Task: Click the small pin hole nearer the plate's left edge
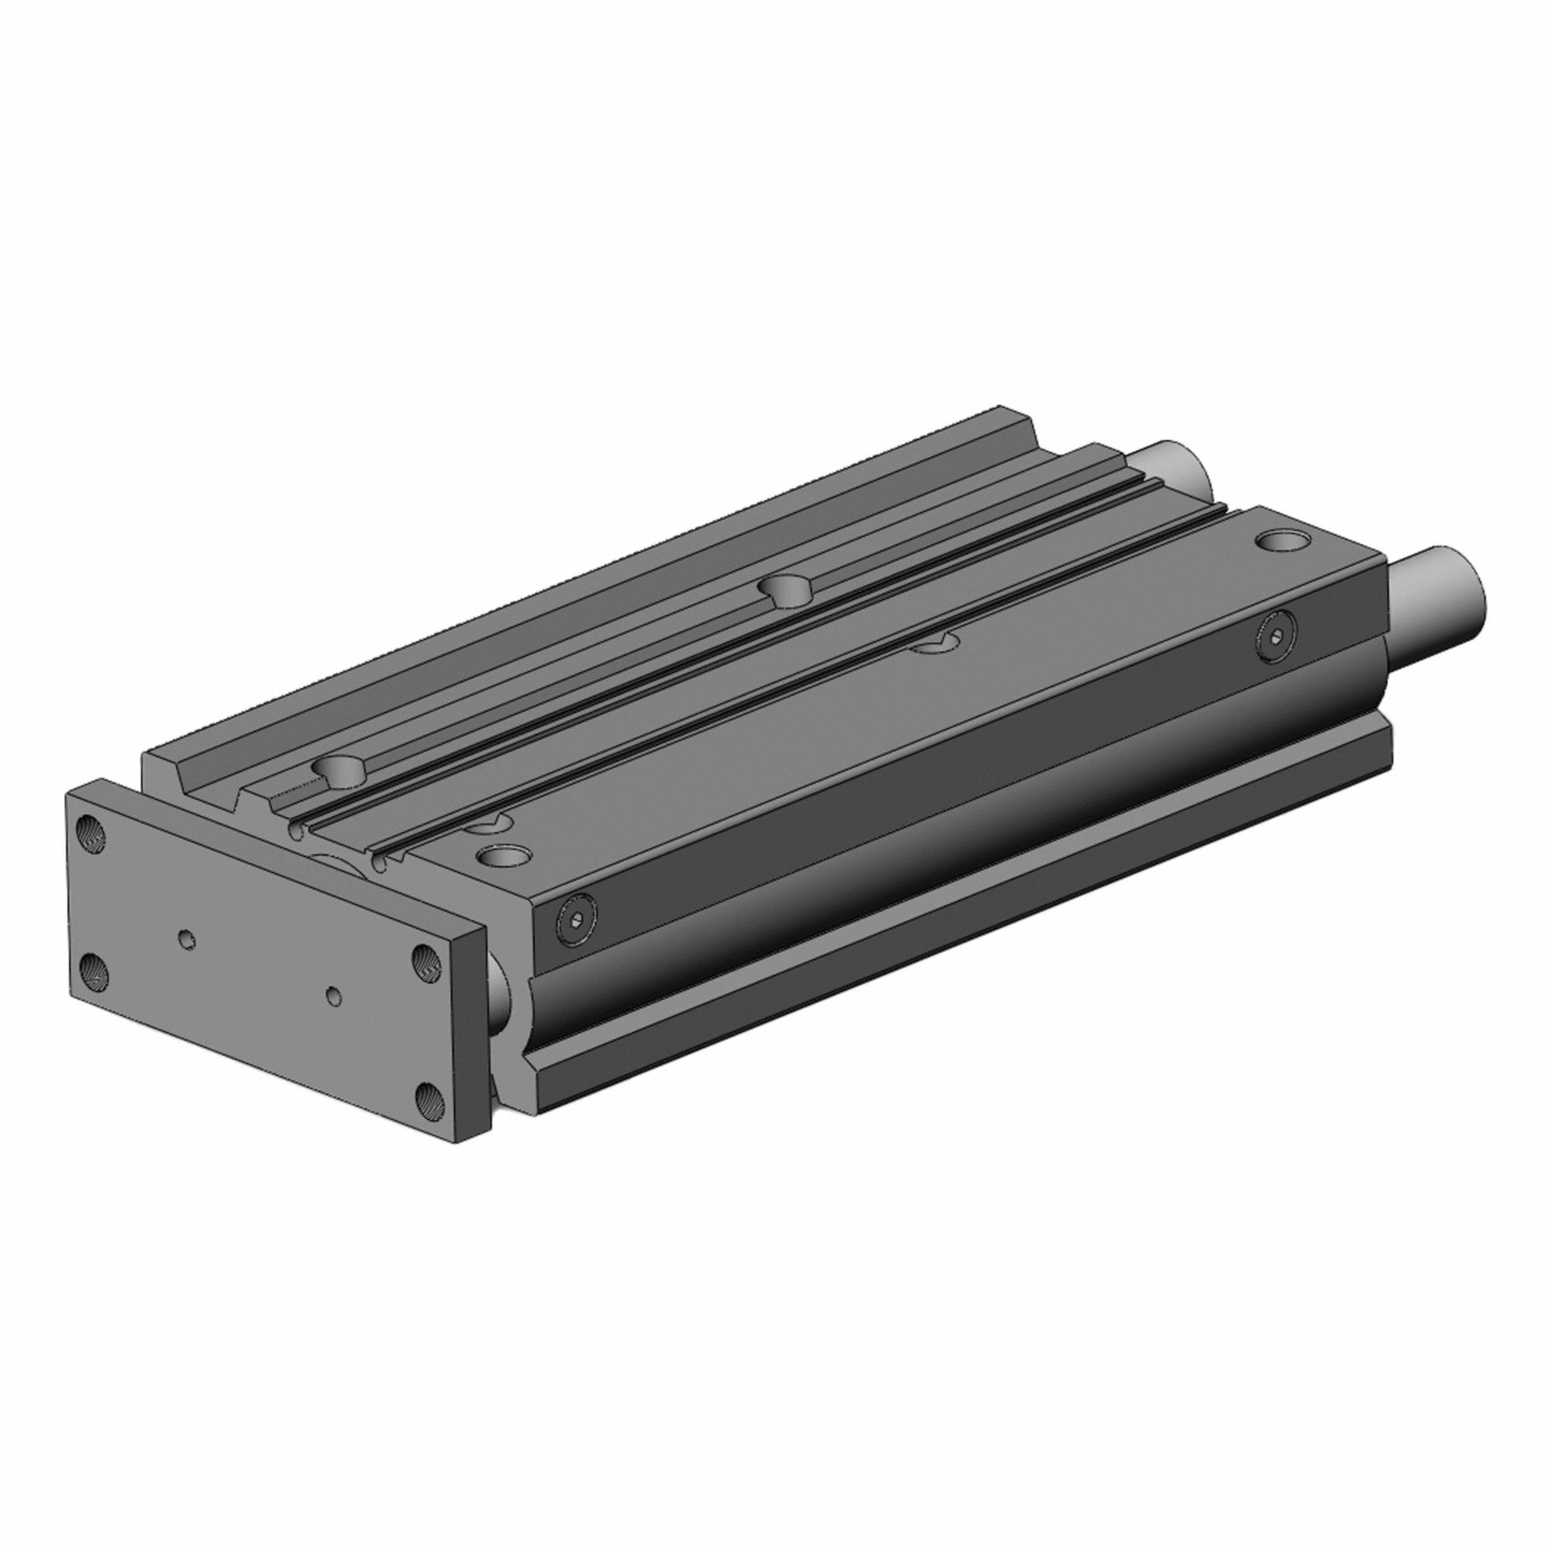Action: point(187,938)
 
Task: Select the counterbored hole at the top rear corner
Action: point(1282,541)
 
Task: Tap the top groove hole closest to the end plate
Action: point(341,769)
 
